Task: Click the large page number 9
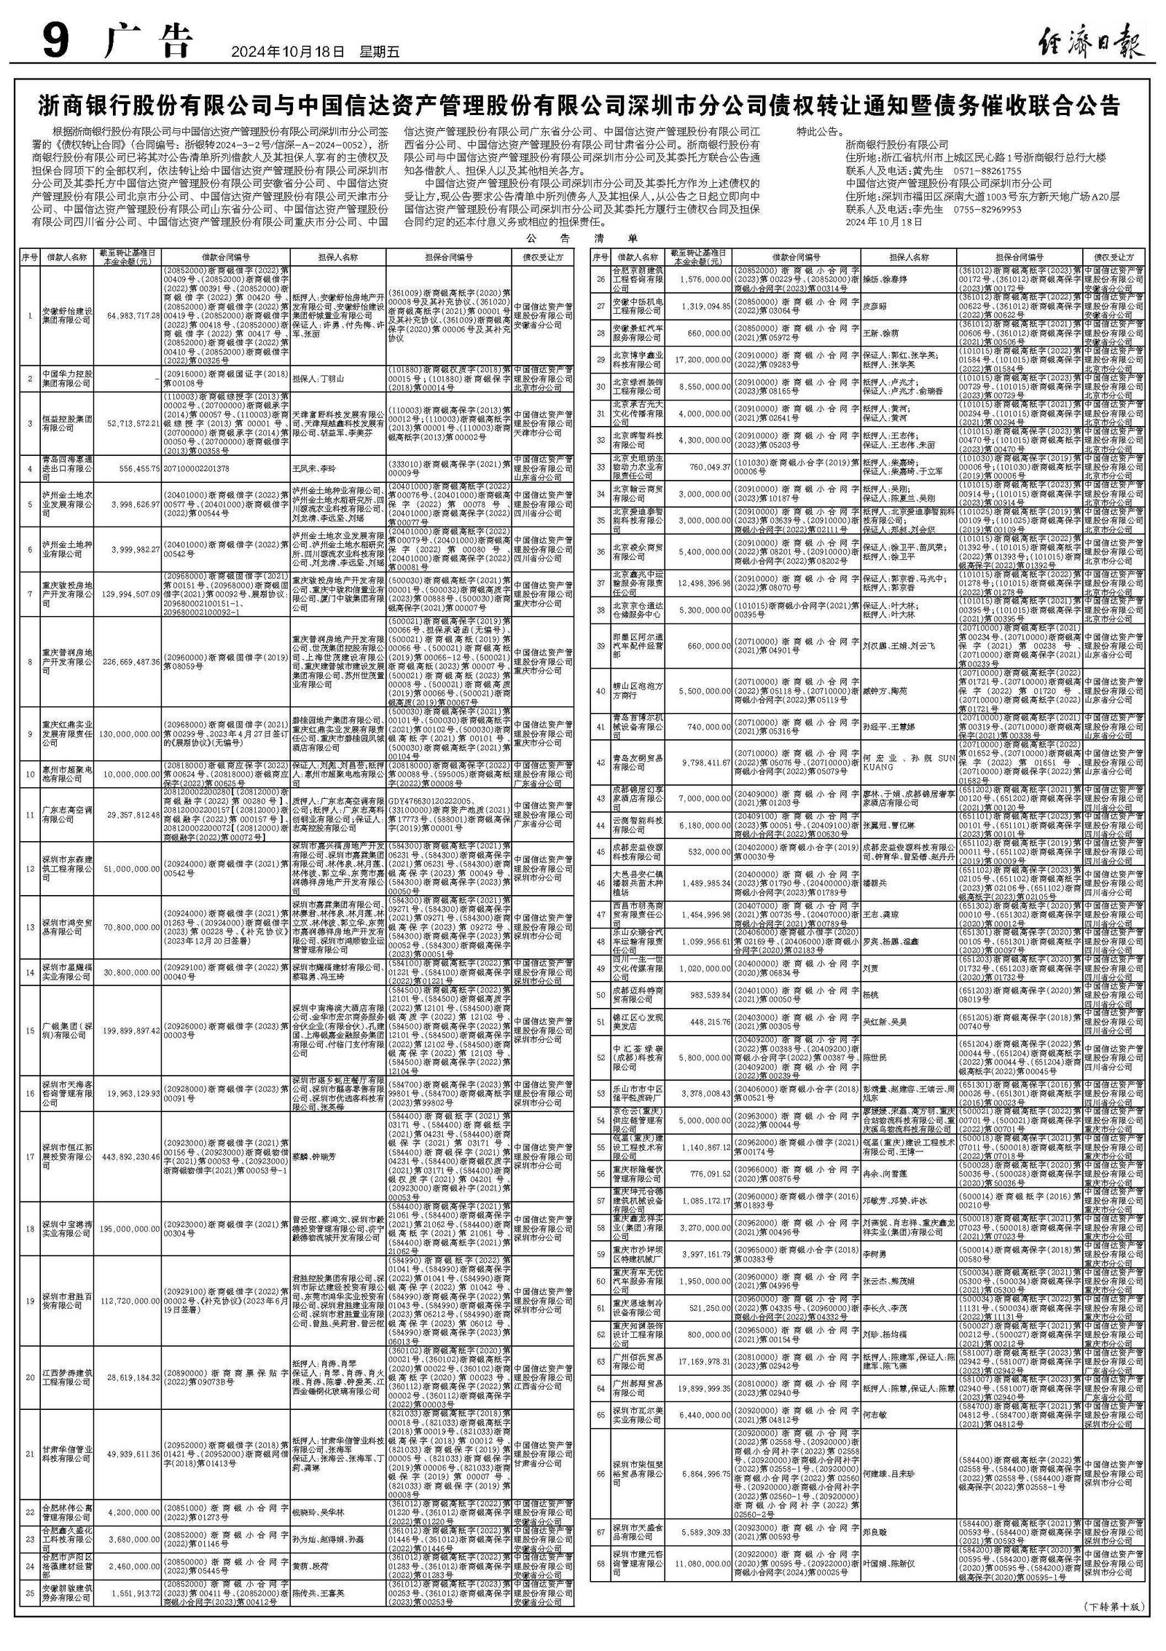(55, 43)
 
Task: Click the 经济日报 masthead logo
(1090, 43)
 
